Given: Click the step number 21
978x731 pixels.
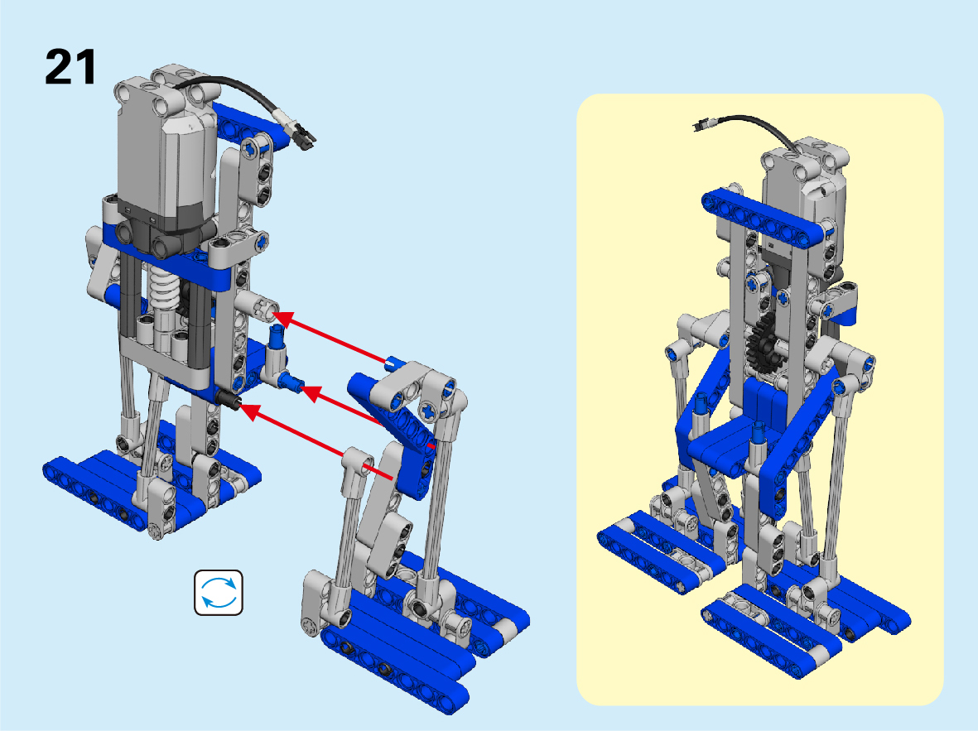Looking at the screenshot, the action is click(x=70, y=67).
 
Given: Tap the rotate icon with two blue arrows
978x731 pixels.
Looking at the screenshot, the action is click(x=219, y=593).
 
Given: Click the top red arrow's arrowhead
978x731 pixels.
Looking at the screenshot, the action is click(x=282, y=318).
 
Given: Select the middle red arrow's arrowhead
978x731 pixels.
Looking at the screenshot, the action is click(x=310, y=393).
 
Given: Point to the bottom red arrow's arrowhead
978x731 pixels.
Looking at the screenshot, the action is click(x=249, y=411).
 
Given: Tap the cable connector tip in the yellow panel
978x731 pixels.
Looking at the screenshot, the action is click(x=699, y=125).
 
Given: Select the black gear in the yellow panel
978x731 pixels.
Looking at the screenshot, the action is click(x=762, y=346).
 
